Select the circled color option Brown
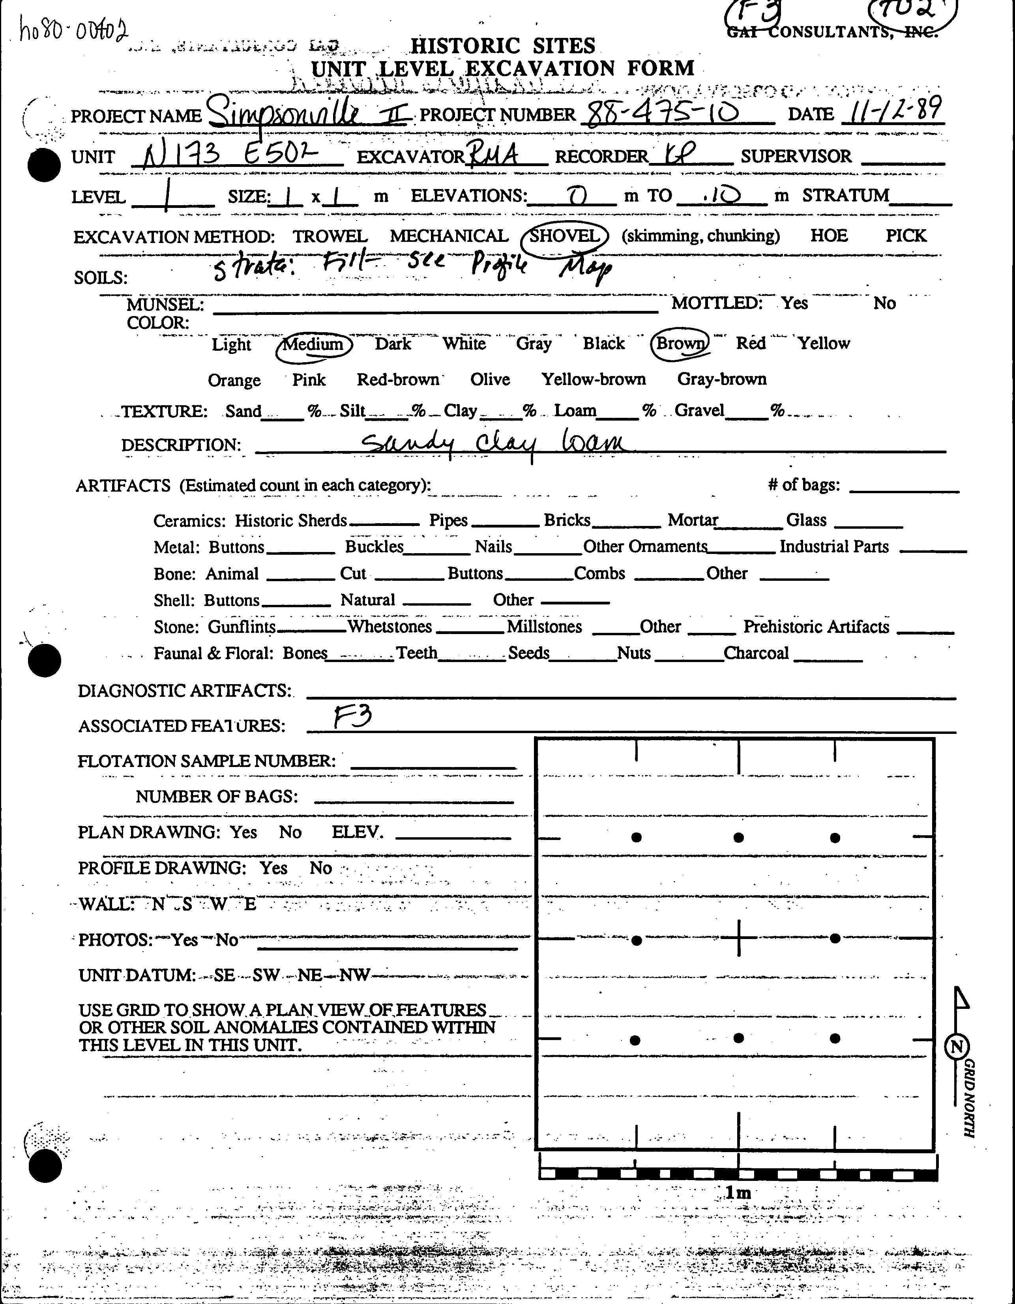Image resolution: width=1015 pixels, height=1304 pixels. point(680,344)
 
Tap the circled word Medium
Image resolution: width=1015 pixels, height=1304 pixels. point(313,344)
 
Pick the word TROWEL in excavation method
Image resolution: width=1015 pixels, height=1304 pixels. point(330,236)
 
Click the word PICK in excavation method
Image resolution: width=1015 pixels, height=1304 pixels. point(906,236)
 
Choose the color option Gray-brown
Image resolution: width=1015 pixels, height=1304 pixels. point(721,379)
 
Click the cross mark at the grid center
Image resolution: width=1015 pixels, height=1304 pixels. point(739,938)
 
